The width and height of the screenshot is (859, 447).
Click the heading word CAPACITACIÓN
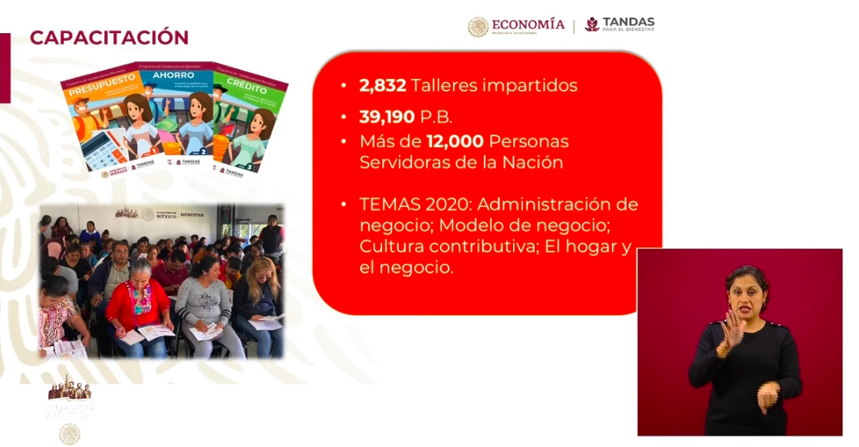click(109, 37)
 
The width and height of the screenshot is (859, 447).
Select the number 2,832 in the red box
click(382, 85)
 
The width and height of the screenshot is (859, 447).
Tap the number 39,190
click(388, 117)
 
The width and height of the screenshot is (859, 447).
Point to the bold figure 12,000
click(455, 142)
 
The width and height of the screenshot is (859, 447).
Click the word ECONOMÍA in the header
click(528, 25)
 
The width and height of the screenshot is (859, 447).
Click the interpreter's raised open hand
click(730, 332)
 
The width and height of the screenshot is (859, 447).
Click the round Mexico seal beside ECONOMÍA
click(478, 27)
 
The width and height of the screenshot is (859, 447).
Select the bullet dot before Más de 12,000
click(344, 142)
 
